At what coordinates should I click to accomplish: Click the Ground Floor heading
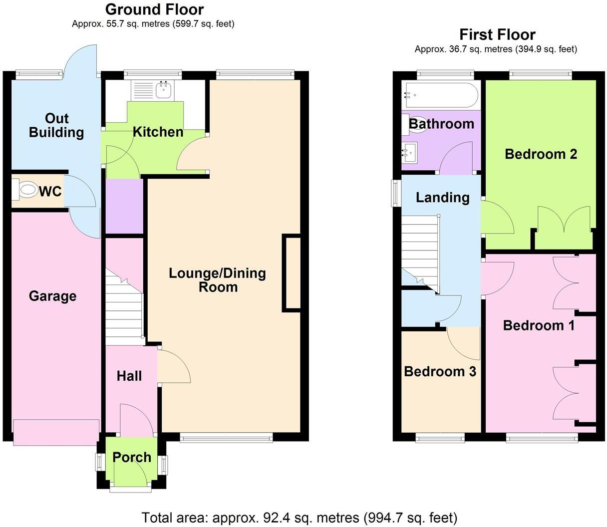pyautogui.click(x=154, y=9)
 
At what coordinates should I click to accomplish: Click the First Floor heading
pyautogui.click(x=497, y=34)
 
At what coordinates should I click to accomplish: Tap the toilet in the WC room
pyautogui.click(x=27, y=190)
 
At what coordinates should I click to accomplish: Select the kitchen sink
pyautogui.click(x=164, y=90)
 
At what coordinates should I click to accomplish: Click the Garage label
pyautogui.click(x=52, y=296)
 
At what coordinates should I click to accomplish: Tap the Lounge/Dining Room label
pyautogui.click(x=217, y=280)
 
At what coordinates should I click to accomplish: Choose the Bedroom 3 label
pyautogui.click(x=440, y=371)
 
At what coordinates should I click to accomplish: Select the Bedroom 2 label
pyautogui.click(x=541, y=154)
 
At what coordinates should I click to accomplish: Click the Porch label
pyautogui.click(x=132, y=457)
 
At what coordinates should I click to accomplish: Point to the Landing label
pyautogui.click(x=442, y=198)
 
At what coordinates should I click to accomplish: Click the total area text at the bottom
pyautogui.click(x=300, y=517)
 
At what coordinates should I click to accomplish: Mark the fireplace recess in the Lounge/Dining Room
pyautogui.click(x=292, y=273)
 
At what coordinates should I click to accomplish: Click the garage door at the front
pyautogui.click(x=56, y=432)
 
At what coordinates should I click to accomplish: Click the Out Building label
pyautogui.click(x=56, y=125)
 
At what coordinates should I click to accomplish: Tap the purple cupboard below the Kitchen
pyautogui.click(x=124, y=206)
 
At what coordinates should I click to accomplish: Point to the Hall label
pyautogui.click(x=129, y=376)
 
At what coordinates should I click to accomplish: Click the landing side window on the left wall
pyautogui.click(x=396, y=192)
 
